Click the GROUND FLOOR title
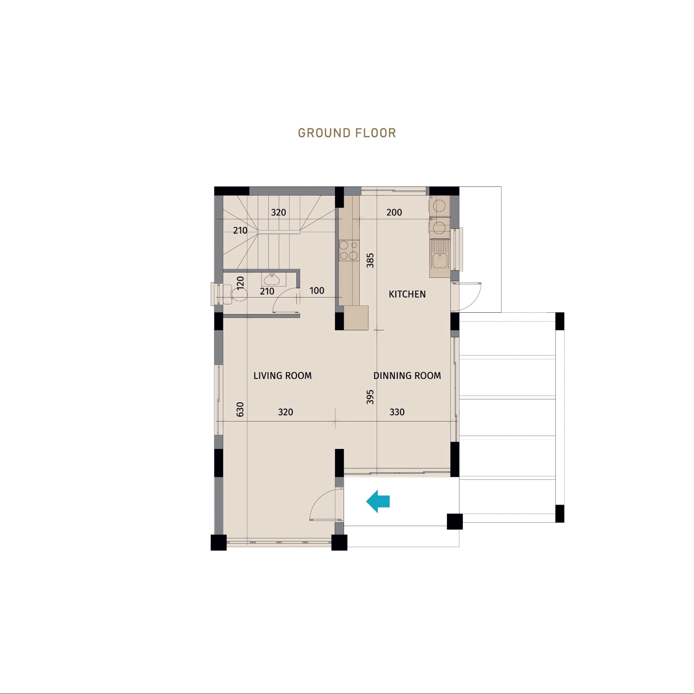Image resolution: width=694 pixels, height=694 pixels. [x=347, y=133]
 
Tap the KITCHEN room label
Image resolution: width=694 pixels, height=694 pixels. [x=407, y=294]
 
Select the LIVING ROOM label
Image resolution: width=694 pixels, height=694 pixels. [x=282, y=376]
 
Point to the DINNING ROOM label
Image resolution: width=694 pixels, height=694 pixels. [x=407, y=376]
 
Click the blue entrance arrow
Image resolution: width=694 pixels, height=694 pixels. [x=378, y=501]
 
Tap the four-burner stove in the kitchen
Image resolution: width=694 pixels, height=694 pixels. [x=349, y=250]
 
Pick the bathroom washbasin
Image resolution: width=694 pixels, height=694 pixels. [x=272, y=279]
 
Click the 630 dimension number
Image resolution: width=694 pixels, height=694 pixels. [x=240, y=409]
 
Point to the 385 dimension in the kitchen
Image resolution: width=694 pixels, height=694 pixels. [x=370, y=260]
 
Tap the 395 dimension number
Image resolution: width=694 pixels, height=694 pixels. [x=370, y=397]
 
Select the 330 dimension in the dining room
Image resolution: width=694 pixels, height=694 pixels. [x=397, y=412]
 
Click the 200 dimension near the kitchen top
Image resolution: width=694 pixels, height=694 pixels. [x=394, y=213]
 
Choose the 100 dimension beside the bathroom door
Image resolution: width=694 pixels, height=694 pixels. [x=317, y=291]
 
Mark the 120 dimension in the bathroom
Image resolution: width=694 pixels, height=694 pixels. [x=240, y=282]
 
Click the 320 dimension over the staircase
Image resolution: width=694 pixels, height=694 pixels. [x=278, y=213]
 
